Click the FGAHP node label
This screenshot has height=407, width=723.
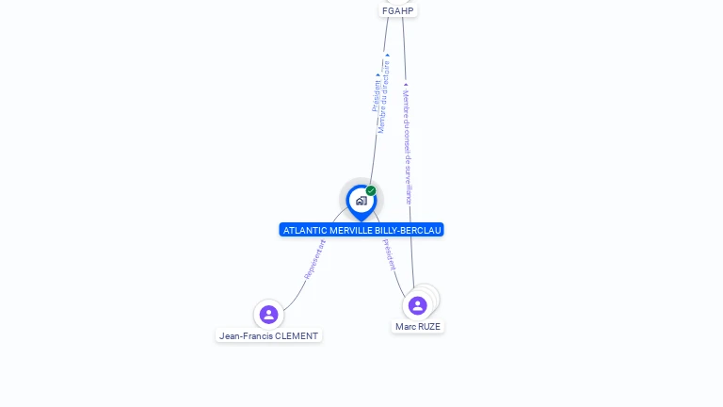(x=397, y=10)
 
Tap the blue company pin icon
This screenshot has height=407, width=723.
(x=361, y=202)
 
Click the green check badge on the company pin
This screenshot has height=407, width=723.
(x=371, y=190)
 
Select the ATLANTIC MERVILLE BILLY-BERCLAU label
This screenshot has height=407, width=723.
(x=361, y=230)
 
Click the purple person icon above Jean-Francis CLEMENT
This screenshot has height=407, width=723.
(x=268, y=314)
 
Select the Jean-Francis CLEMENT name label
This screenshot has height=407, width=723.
(x=268, y=335)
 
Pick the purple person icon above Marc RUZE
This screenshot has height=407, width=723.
(x=417, y=305)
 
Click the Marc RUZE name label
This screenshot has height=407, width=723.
(x=417, y=327)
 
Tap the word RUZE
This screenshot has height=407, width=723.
(x=428, y=327)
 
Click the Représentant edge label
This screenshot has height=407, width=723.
(x=314, y=258)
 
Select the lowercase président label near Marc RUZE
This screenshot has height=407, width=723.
(x=390, y=254)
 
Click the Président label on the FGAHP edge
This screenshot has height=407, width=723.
(x=377, y=94)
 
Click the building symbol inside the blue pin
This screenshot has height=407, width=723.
(x=361, y=200)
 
